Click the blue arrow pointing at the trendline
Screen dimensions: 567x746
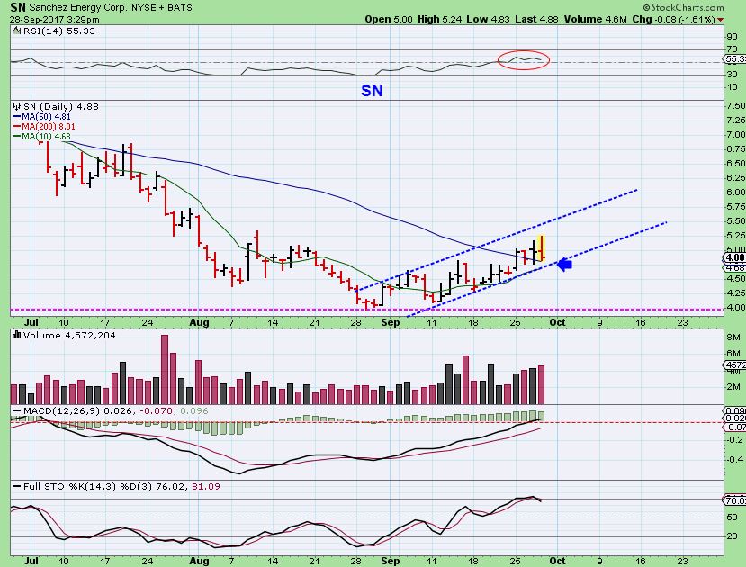coord(565,264)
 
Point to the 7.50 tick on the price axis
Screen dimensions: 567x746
coord(733,105)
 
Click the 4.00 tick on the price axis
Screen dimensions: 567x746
coord(733,307)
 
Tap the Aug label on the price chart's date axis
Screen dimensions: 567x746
coord(200,320)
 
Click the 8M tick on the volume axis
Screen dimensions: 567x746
coord(732,337)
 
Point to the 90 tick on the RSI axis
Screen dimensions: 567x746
coord(731,35)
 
